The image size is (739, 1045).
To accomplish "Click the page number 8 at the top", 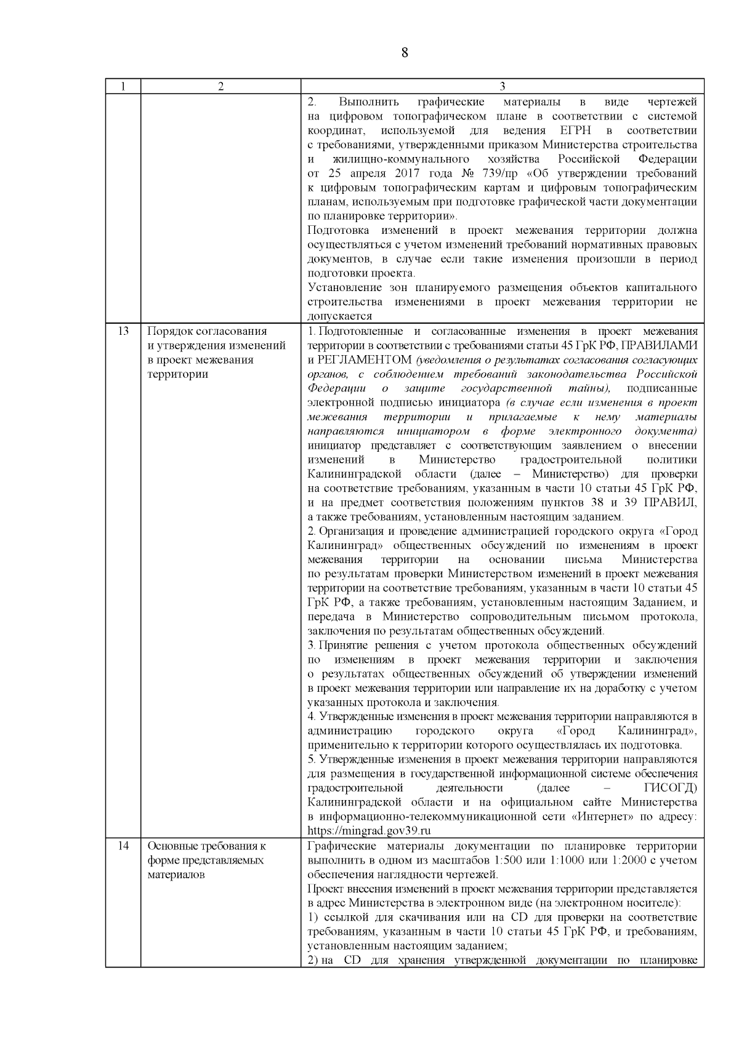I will [x=405, y=52].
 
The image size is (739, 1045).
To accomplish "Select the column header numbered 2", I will [x=220, y=87].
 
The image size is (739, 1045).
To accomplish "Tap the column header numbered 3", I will [x=502, y=87].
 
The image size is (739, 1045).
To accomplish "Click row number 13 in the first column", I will [x=123, y=331].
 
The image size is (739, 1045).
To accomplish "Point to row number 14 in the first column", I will [x=123, y=846].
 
